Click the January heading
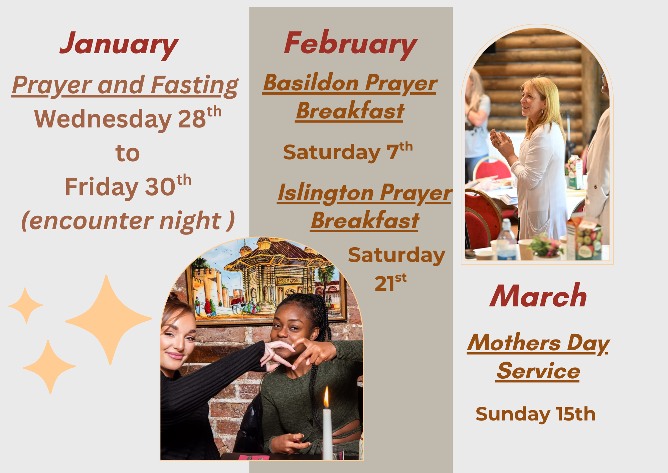119,45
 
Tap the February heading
350,45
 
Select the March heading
538,296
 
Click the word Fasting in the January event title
195,86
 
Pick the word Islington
326,193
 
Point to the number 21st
390,283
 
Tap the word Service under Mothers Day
538,371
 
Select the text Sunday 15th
535,414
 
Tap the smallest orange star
26,305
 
